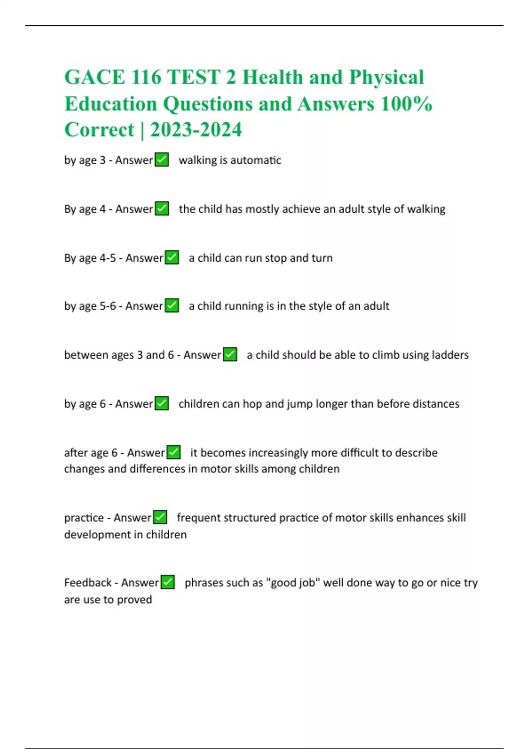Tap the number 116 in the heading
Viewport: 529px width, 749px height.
[x=146, y=78]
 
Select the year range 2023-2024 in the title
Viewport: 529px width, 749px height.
[x=196, y=130]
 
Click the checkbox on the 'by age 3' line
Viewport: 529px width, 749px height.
[x=162, y=159]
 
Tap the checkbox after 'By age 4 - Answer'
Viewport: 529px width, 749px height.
[x=162, y=208]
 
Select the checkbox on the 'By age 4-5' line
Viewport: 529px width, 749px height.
[x=172, y=257]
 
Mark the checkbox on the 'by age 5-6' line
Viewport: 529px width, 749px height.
[x=172, y=305]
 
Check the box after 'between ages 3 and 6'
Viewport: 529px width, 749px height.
[x=230, y=354]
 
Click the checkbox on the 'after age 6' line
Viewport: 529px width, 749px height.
[x=174, y=452]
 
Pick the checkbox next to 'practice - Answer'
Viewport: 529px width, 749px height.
[x=160, y=517]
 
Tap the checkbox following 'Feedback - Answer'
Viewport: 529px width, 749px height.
[x=168, y=582]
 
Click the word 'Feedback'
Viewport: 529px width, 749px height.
[x=88, y=582]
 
